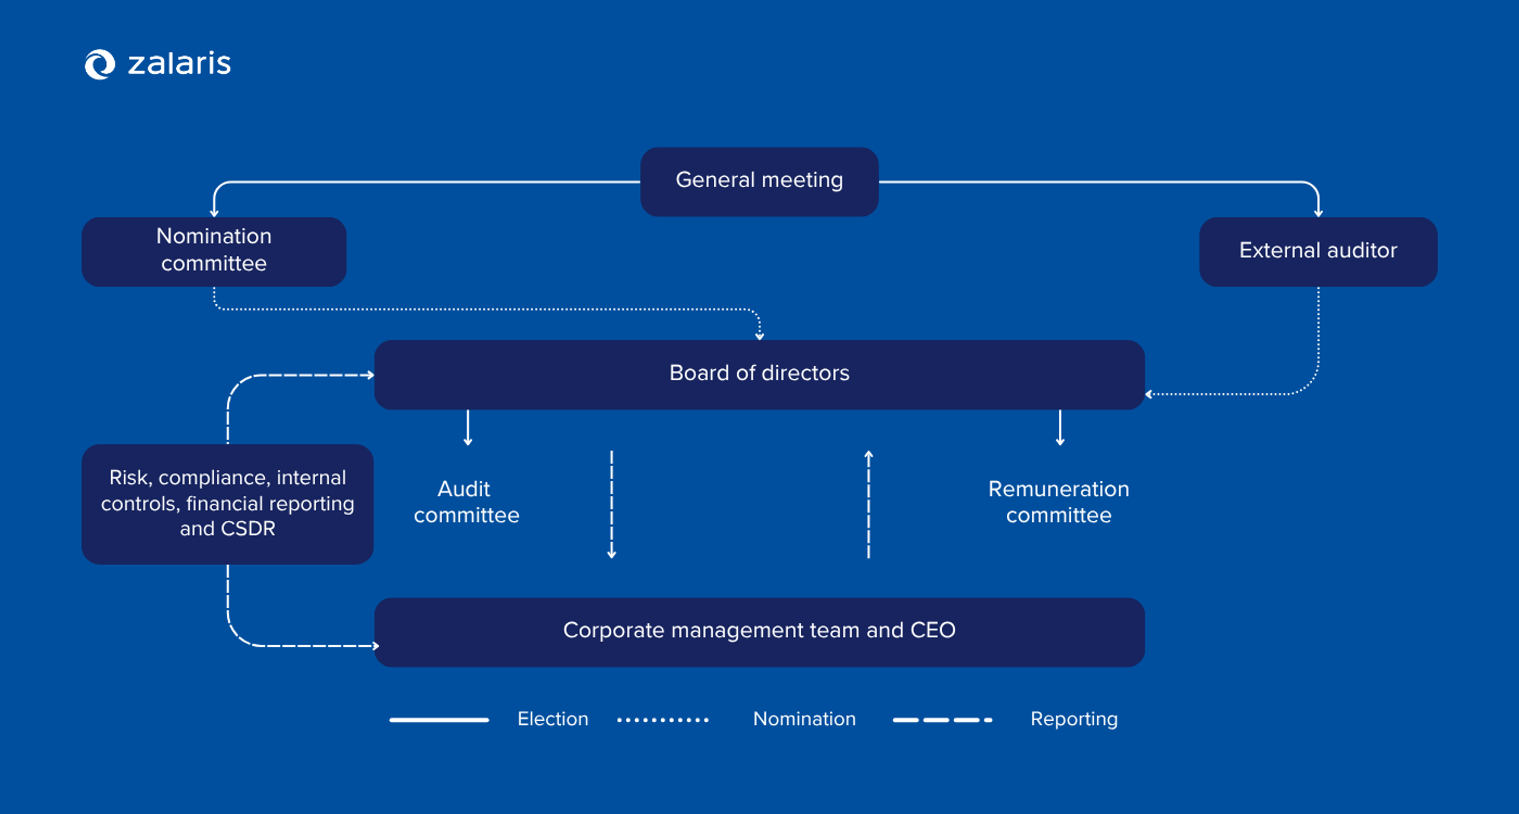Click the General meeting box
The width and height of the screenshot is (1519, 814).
[x=759, y=181]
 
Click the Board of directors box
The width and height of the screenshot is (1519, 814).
[x=759, y=374]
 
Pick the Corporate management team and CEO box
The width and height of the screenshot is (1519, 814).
[x=759, y=631]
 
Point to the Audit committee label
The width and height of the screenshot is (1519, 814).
[x=466, y=502]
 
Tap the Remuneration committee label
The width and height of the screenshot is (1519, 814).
[x=1059, y=502]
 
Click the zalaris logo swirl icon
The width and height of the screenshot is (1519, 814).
[x=99, y=64]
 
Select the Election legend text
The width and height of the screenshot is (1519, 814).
[x=553, y=719]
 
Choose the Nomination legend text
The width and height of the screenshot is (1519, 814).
[x=804, y=719]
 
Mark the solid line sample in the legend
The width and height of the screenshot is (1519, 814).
[x=439, y=720]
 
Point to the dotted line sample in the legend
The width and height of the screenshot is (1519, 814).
[x=662, y=720]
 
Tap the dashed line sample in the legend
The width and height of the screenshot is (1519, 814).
[x=942, y=720]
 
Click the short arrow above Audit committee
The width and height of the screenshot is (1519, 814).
[x=468, y=428]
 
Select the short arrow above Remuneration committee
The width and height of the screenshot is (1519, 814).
[x=1060, y=428]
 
